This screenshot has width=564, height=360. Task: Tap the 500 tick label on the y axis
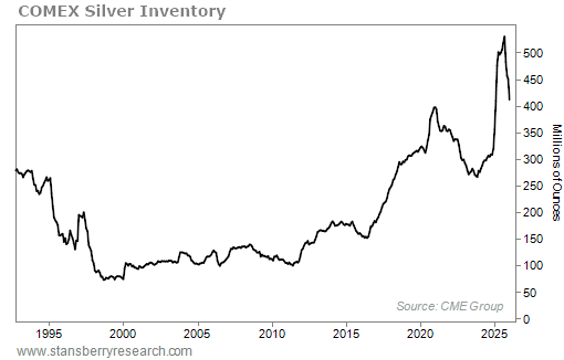(532, 53)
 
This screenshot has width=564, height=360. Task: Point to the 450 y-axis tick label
(532, 80)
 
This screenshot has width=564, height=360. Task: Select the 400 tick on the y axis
(532, 106)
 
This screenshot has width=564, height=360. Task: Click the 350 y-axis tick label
(532, 133)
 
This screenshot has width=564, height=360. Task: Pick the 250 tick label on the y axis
(532, 186)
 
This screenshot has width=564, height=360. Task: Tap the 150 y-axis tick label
(532, 240)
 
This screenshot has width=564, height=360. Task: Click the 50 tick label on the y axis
(529, 293)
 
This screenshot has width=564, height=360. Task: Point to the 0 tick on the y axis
(526, 320)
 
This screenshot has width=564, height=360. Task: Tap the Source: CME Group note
(449, 306)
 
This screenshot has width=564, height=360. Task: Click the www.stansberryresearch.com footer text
(98, 351)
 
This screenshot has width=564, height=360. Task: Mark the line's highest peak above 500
(503, 37)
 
